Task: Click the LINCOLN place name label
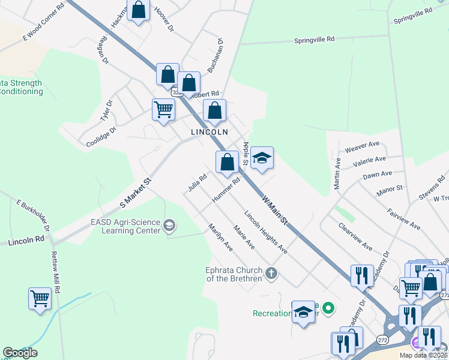pos(209,131)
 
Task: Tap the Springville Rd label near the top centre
pos(314,40)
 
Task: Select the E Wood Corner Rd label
pos(43,23)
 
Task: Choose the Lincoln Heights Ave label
pos(265,232)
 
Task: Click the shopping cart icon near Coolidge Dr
pos(163,109)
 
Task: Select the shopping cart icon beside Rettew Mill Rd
pos(40,298)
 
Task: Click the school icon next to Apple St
pos(261,157)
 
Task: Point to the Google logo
pos(20,353)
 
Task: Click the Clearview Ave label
pos(355,237)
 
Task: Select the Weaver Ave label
pos(362,147)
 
